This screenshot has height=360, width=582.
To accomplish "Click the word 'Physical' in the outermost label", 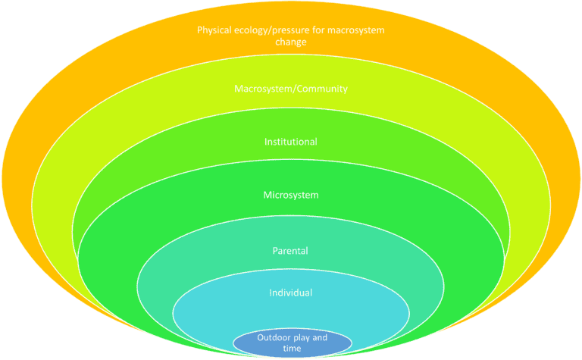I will pos(213,31).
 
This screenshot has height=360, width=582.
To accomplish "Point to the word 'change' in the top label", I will pos(290,42).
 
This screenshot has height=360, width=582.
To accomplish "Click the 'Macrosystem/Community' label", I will pos(291,89).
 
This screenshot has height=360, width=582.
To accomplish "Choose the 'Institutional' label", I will pos(291,142).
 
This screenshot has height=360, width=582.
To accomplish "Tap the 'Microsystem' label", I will pos(291,195).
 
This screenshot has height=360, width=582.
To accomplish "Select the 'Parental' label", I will pos(291,250).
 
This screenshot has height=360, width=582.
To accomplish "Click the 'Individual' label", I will pos(291,293).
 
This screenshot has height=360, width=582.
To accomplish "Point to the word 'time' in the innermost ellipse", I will pos(292,349).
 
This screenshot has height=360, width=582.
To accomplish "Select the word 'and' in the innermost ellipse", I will pos(320,337).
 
